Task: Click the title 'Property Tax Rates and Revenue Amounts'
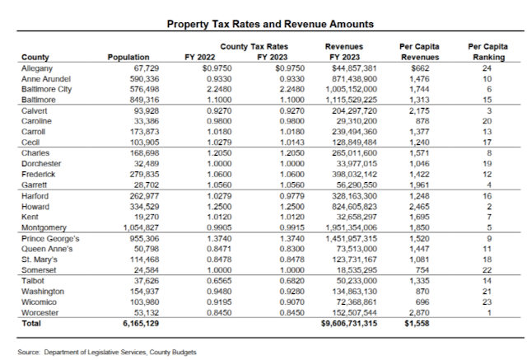[272, 26]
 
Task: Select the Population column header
[128, 57]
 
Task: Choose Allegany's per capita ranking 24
[487, 67]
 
